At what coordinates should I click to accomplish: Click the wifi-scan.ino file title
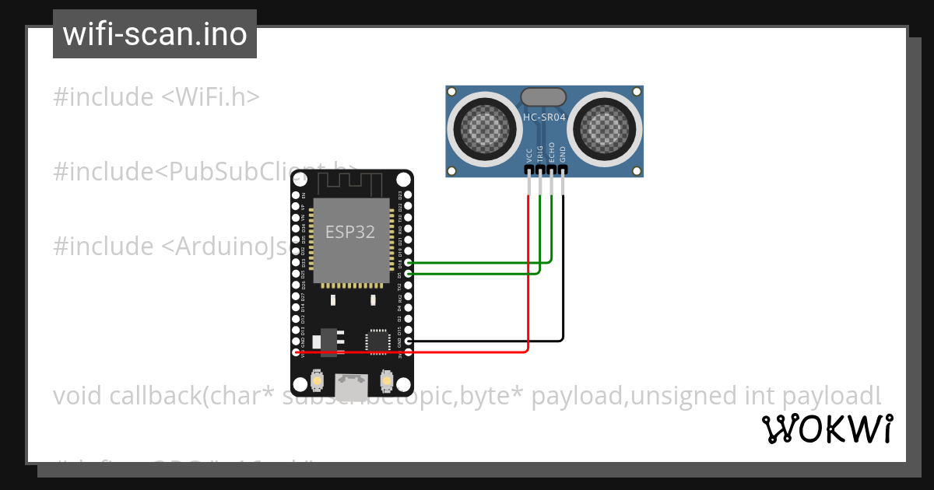click(154, 34)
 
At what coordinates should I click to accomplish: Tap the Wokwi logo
click(827, 429)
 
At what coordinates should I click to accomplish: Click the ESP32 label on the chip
click(350, 233)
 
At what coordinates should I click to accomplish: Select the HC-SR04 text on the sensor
click(544, 117)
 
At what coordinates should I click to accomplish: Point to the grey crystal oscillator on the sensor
click(543, 96)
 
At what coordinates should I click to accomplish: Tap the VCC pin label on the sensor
click(529, 154)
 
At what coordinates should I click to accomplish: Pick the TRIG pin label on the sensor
click(540, 152)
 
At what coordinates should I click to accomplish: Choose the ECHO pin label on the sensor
click(552, 152)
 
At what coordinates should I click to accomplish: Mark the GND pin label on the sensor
click(564, 154)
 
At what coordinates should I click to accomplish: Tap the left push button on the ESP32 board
click(317, 380)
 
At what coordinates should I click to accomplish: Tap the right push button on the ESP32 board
click(386, 380)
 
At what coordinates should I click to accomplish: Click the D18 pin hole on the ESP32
click(409, 263)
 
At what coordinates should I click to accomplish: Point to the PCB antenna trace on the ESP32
click(351, 184)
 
